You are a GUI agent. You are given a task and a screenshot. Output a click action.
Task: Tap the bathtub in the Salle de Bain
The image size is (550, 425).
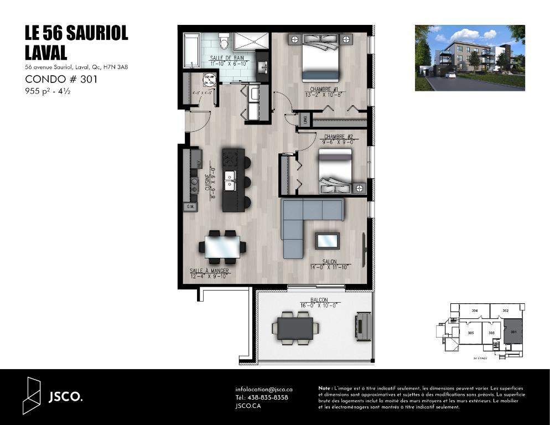pyautogui.click(x=191, y=50)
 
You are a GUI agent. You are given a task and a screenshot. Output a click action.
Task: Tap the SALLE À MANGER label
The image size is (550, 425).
pyautogui.click(x=209, y=271)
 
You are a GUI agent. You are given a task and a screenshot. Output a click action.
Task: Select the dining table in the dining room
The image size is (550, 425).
pyautogui.click(x=223, y=247)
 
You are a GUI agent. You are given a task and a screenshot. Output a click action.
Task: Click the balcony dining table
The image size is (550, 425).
pyautogui.click(x=295, y=328)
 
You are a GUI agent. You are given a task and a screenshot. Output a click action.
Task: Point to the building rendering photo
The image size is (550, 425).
pyautogui.click(x=469, y=58)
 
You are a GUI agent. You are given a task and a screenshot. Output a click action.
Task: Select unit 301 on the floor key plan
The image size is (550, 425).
pyautogui.click(x=513, y=333)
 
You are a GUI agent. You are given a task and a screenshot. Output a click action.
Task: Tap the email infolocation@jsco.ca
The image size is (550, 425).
pyautogui.click(x=263, y=390)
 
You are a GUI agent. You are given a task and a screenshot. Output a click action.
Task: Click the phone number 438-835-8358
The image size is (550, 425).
pyautogui.click(x=262, y=397)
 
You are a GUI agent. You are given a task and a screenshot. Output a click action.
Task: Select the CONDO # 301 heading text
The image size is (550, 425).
pyautogui.click(x=61, y=79)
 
